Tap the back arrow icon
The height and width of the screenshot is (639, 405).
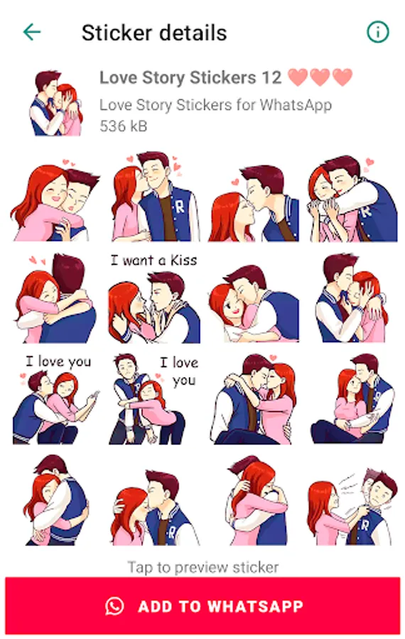click(x=32, y=32)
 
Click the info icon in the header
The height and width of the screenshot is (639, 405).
click(x=378, y=32)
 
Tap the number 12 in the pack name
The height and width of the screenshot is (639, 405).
click(x=271, y=77)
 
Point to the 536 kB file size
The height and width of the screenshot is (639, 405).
click(x=123, y=126)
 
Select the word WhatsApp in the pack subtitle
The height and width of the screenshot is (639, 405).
click(x=296, y=105)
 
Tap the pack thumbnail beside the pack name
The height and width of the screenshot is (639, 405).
click(x=55, y=103)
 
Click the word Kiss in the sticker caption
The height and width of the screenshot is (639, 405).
click(x=183, y=260)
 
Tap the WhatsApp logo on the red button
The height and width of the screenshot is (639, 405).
click(x=114, y=606)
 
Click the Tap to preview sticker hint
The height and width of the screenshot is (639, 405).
click(x=203, y=567)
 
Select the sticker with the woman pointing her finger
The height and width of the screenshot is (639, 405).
click(x=56, y=399)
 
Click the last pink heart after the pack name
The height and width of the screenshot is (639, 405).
click(x=342, y=77)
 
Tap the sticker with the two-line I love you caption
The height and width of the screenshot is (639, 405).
click(x=153, y=399)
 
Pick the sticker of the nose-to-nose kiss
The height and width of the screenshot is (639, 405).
click(x=254, y=203)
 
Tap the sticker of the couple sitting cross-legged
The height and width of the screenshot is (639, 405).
click(x=352, y=398)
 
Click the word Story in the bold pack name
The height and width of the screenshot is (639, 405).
click(x=163, y=78)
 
